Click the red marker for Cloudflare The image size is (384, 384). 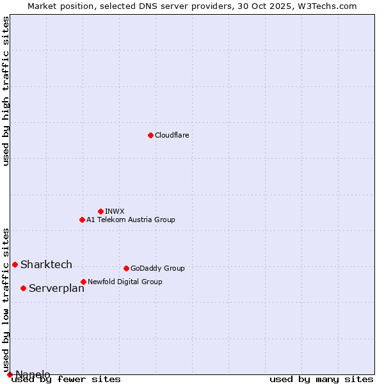point(150,135)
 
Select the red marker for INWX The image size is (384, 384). point(100,211)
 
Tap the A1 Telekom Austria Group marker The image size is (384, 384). point(82,220)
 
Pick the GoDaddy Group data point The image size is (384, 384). point(126,268)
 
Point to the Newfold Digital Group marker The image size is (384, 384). point(83,282)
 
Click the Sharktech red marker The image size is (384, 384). point(15,264)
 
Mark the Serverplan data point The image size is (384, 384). point(23,288)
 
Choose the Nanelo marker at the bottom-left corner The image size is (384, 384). point(10,374)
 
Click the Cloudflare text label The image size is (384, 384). point(172,135)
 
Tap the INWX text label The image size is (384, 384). point(115,211)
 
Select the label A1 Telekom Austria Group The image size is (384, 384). point(131,220)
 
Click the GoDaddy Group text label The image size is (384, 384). point(157,268)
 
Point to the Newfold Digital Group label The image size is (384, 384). point(125,282)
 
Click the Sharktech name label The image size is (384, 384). point(46,264)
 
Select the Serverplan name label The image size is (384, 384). point(56,288)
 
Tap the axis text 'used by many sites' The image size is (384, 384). point(321,380)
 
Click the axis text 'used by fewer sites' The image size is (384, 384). point(67,380)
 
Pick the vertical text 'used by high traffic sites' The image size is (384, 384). point(6,91)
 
